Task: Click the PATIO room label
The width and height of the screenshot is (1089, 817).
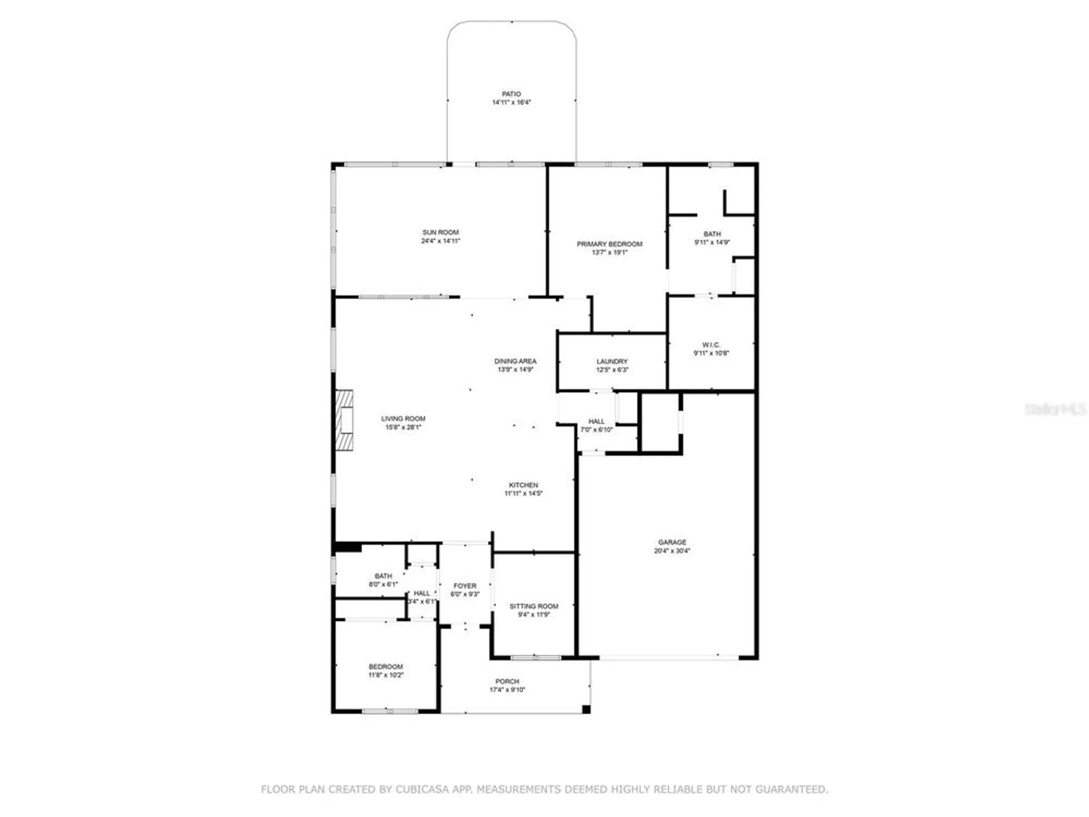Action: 511,94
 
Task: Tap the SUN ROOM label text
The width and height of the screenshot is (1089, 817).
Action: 441,232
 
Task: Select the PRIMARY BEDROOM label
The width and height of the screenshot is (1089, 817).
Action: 609,244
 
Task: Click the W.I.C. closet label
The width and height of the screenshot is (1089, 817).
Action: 711,345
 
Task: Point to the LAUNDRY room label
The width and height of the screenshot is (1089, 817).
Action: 612,361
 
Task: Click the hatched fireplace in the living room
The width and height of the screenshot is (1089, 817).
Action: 344,420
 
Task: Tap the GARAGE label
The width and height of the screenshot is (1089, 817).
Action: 672,542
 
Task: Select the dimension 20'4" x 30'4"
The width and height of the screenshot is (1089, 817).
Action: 672,551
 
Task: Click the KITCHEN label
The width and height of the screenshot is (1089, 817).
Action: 523,485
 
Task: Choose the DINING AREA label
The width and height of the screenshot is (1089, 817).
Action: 515,361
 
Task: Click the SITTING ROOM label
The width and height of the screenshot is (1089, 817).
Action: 534,606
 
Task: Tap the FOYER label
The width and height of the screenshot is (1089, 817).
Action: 464,586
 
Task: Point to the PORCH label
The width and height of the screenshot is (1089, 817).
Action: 507,681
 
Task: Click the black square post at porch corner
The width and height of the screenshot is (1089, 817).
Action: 586,709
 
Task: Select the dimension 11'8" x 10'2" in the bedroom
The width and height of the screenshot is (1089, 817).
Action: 386,675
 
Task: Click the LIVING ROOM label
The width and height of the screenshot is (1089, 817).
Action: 403,418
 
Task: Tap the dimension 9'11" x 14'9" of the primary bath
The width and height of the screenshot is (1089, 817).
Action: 712,242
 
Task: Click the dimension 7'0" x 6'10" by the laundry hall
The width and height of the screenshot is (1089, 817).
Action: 596,430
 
